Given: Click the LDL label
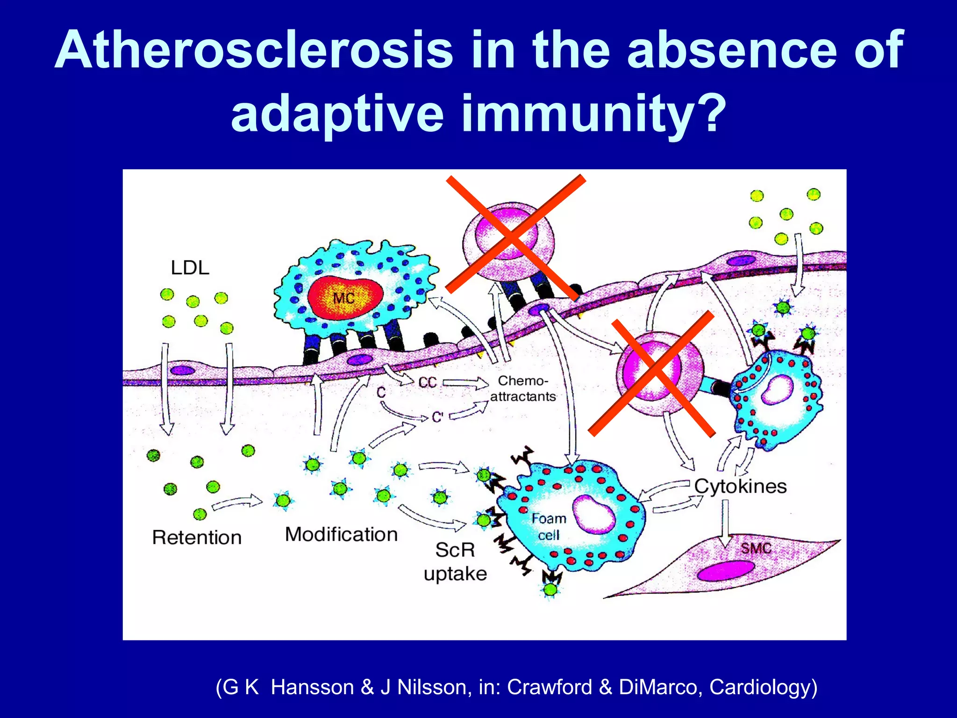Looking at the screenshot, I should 190,268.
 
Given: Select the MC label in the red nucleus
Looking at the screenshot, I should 343,298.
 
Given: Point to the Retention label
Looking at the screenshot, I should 197,538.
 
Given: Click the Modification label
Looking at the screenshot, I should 341,534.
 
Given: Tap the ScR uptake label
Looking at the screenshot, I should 455,561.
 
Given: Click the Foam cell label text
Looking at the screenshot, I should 549,526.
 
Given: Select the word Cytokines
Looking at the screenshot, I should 740,486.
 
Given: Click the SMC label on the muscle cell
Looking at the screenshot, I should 756,548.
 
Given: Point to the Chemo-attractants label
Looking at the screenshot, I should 523,389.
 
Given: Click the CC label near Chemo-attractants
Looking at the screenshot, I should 427,383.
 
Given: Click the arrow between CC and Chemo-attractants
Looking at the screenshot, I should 465,383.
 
